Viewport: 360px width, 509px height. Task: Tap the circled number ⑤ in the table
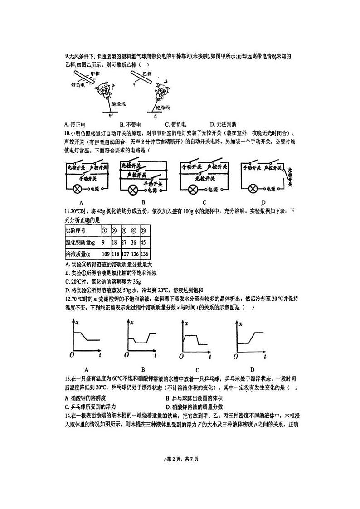point(144,230)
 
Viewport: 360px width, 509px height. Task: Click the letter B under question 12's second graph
point(143,369)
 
